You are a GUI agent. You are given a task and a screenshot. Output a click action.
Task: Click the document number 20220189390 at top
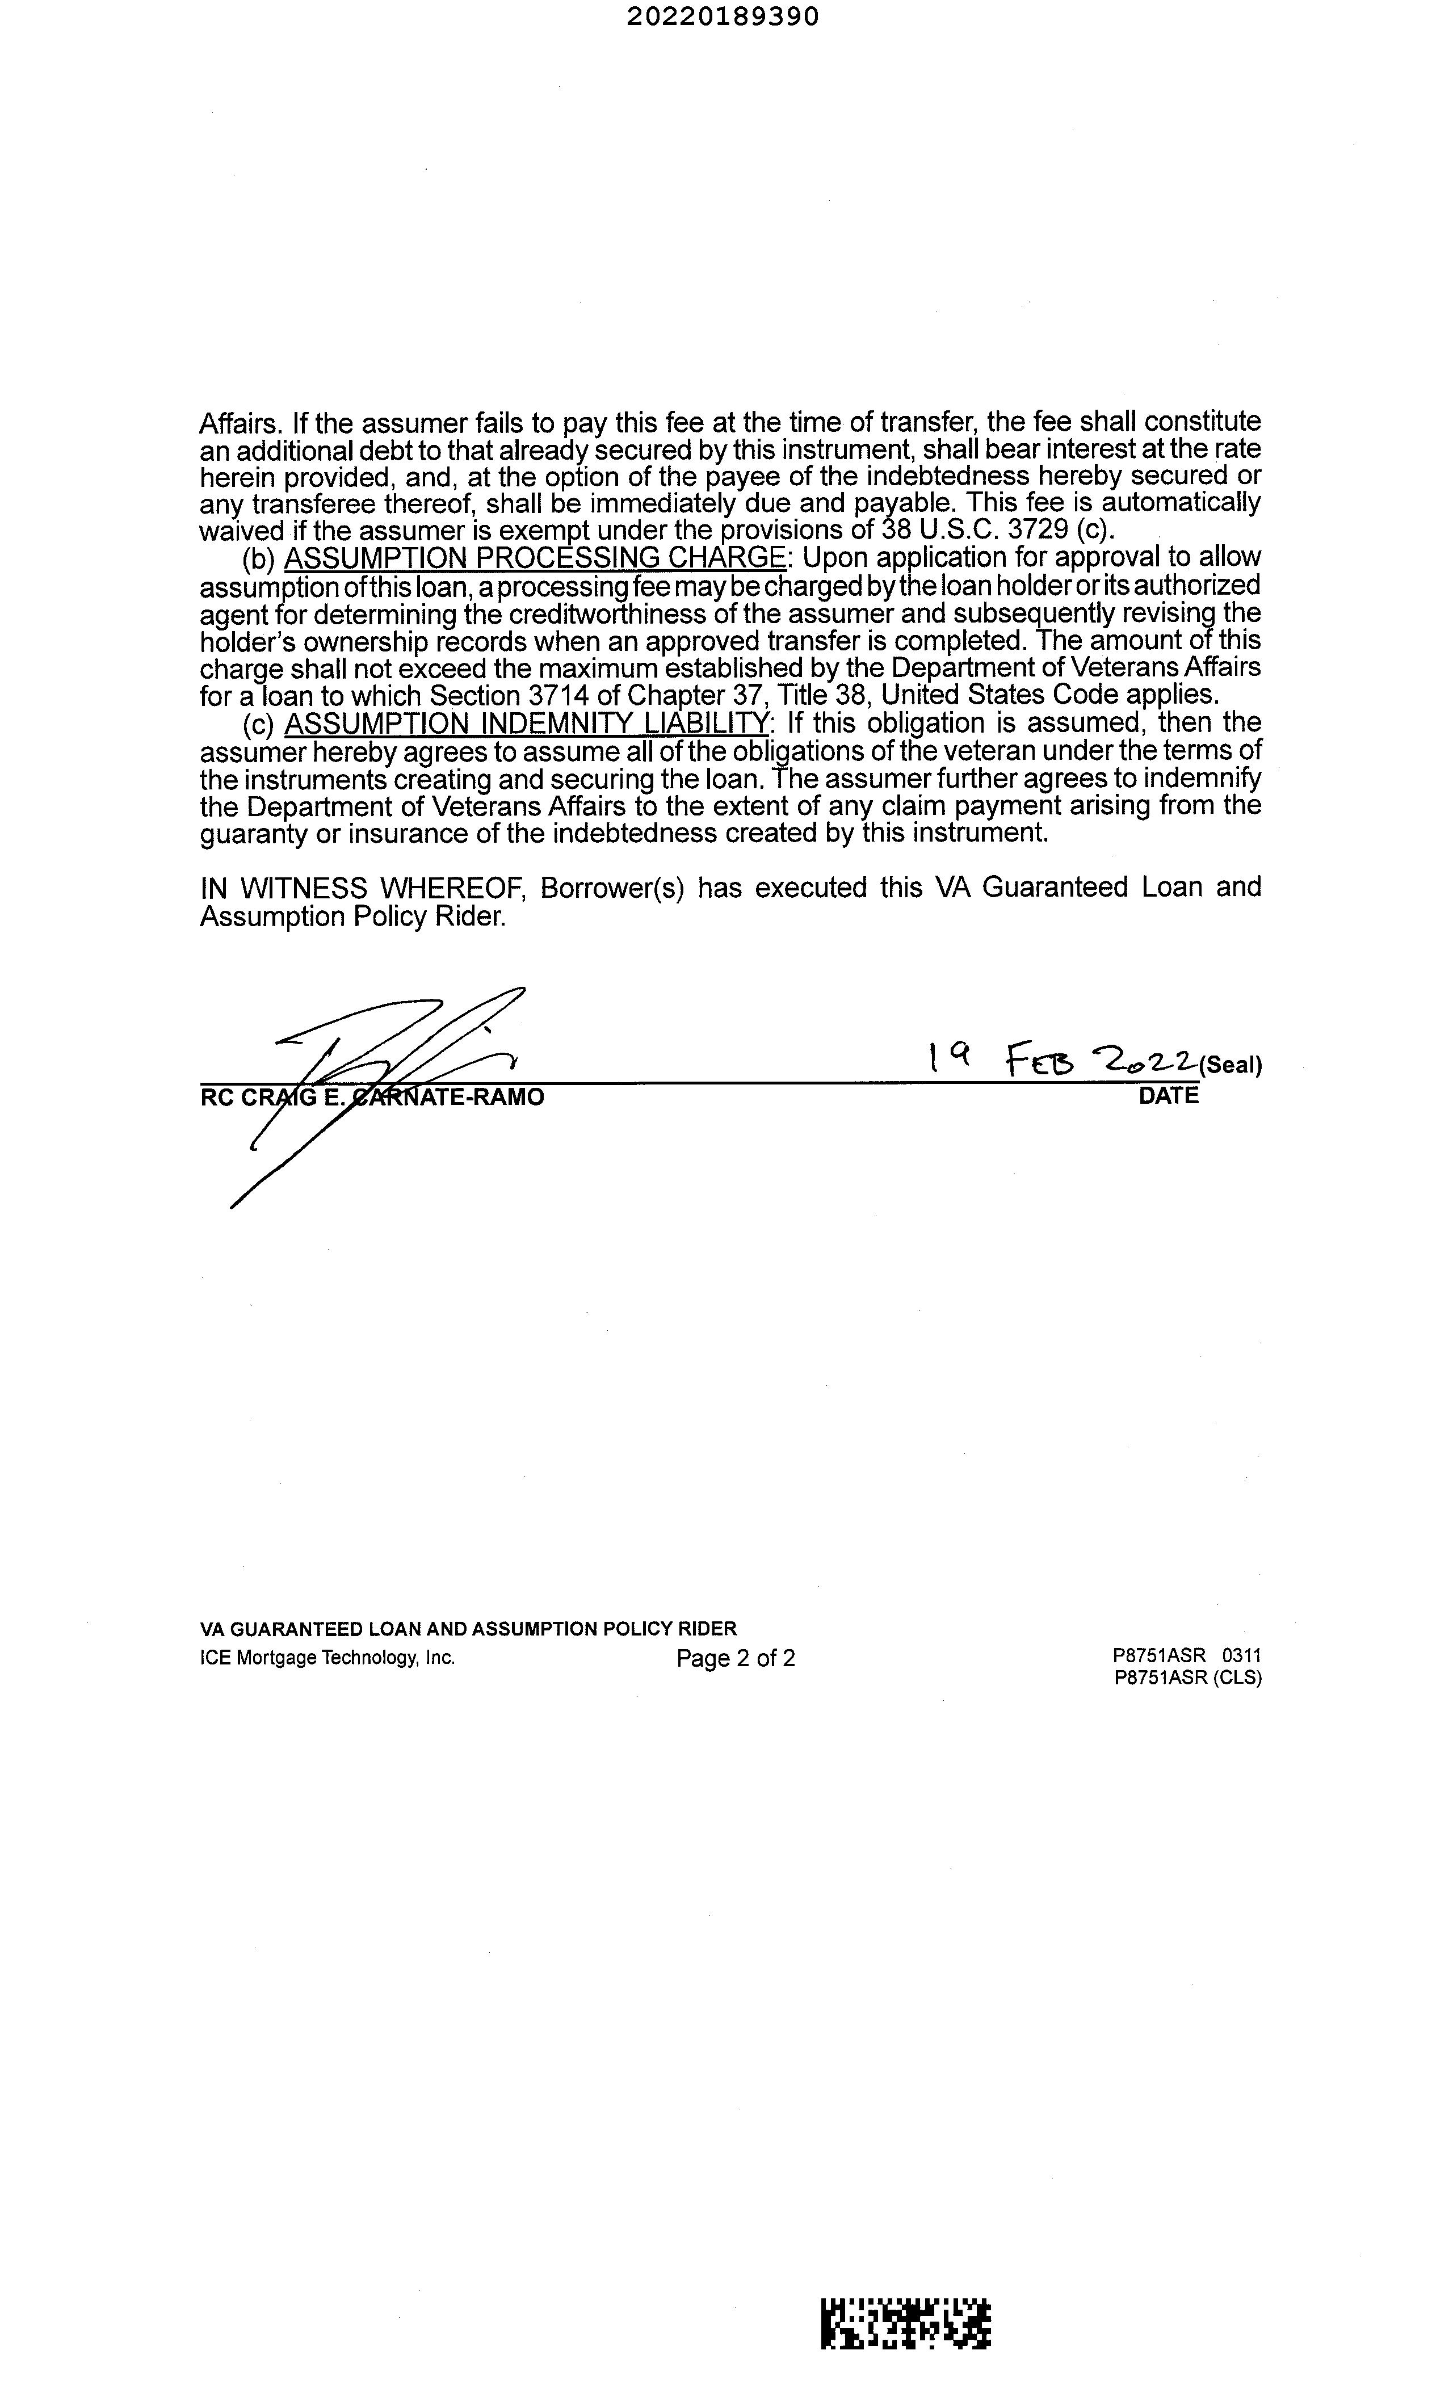click(722, 16)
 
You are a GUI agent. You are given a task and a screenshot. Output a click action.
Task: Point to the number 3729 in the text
click(1038, 530)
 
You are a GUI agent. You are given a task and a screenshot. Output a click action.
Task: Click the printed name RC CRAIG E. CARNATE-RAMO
click(372, 1097)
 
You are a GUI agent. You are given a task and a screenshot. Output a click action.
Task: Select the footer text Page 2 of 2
click(736, 1658)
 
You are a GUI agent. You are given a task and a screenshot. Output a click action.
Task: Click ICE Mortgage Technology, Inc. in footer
click(327, 1658)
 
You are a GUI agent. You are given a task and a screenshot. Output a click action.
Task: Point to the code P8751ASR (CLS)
click(1187, 1679)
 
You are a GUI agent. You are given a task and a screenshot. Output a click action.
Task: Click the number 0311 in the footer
click(1242, 1657)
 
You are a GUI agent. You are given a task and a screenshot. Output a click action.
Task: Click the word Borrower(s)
click(612, 888)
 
